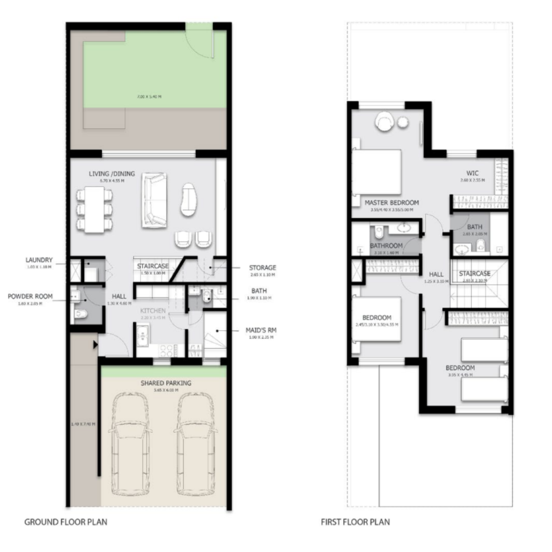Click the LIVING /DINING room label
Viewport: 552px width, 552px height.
[112, 173]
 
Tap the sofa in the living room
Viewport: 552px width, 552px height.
[155, 200]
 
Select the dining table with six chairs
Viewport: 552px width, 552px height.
[95, 209]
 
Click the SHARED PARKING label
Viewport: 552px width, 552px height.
[166, 383]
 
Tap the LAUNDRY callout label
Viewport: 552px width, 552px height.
[39, 259]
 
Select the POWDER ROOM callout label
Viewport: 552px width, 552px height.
[30, 296]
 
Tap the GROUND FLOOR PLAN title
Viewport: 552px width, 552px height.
[66, 521]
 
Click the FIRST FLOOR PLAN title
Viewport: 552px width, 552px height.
[355, 521]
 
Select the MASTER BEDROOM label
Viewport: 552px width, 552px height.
[392, 203]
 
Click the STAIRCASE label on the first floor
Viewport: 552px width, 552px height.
[475, 273]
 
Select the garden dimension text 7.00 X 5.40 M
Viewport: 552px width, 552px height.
[149, 97]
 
